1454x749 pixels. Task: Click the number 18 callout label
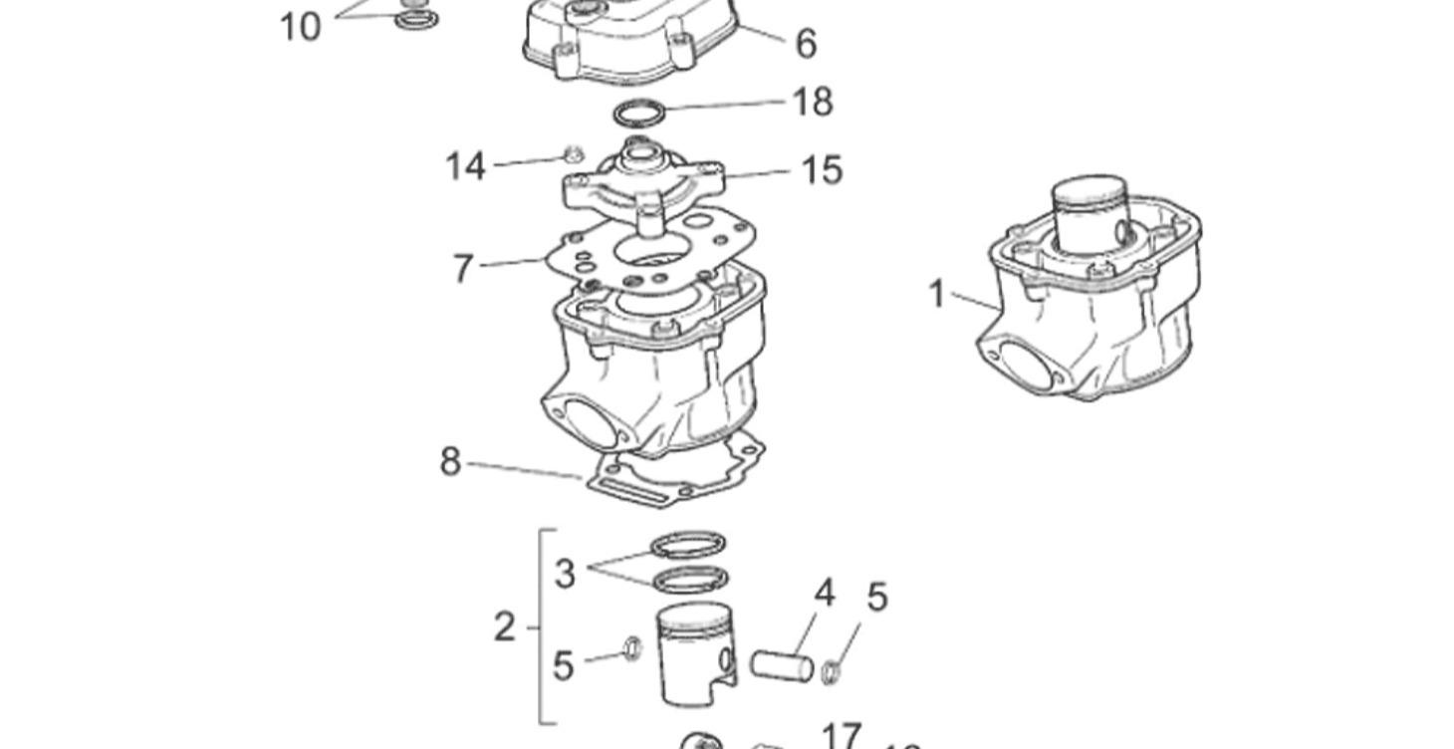pyautogui.click(x=812, y=102)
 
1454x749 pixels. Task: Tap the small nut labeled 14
pyautogui.click(x=573, y=154)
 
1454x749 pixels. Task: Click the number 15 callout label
pyautogui.click(x=822, y=170)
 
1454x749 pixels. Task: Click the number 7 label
pyautogui.click(x=462, y=269)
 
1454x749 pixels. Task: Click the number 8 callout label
pyautogui.click(x=450, y=462)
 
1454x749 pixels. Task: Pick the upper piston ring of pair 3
pyautogui.click(x=687, y=546)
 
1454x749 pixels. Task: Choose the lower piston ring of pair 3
pyautogui.click(x=689, y=579)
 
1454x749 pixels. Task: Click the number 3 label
pyautogui.click(x=565, y=574)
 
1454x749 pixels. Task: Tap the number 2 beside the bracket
pyautogui.click(x=505, y=627)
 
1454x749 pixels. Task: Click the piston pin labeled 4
pyautogui.click(x=782, y=665)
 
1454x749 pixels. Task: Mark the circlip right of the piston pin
pyautogui.click(x=830, y=673)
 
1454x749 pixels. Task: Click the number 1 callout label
pyautogui.click(x=936, y=294)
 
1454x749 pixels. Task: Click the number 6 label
pyautogui.click(x=806, y=44)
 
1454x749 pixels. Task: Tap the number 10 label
pyautogui.click(x=300, y=27)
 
